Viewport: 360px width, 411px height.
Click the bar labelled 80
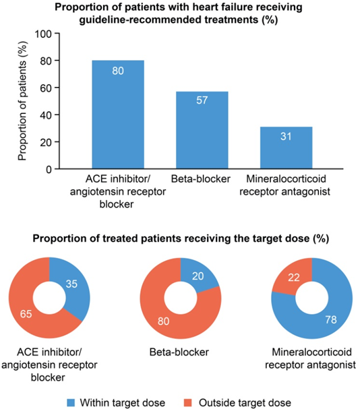[x=118, y=115]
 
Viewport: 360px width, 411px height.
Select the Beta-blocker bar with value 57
[x=202, y=130]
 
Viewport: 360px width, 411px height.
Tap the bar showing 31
[x=286, y=148]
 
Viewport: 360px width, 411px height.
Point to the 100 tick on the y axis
[x=44, y=34]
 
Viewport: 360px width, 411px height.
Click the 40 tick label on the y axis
[x=46, y=115]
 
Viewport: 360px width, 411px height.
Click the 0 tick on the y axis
[x=49, y=169]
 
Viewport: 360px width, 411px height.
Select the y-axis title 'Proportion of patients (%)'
[x=22, y=101]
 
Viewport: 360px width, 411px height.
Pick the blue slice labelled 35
[x=74, y=286]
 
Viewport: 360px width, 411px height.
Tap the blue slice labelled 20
[x=198, y=275]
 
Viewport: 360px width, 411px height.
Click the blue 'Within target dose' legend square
[x=71, y=403]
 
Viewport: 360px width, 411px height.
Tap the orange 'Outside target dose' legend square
[x=187, y=403]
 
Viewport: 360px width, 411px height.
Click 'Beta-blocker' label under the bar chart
[x=201, y=179]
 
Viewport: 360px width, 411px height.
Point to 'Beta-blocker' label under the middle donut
[x=179, y=352]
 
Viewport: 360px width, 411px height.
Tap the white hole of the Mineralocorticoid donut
[x=312, y=298]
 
